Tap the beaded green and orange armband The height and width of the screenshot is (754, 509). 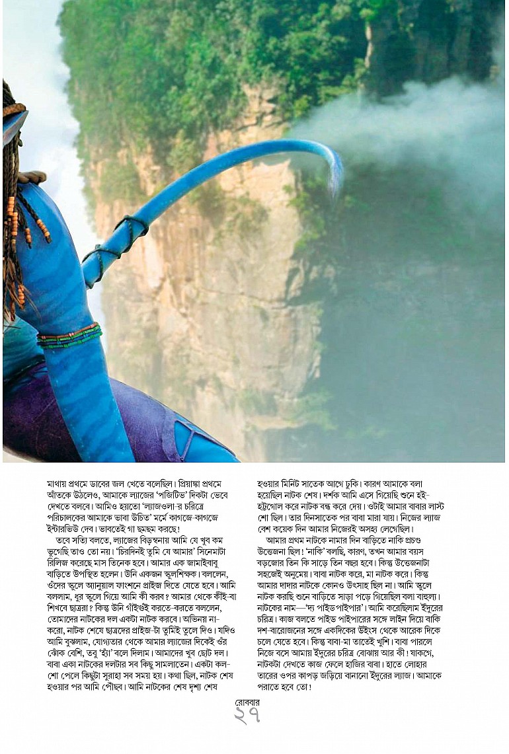69,335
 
